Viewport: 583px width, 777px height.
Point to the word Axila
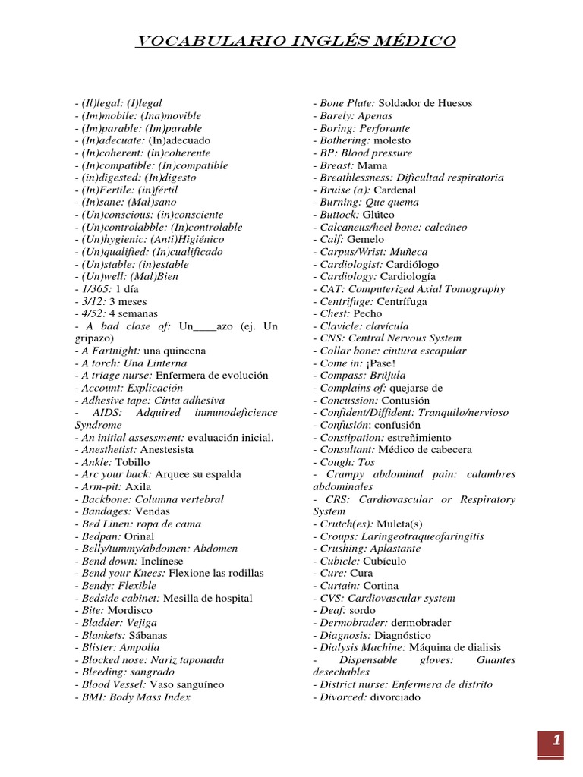click(x=138, y=487)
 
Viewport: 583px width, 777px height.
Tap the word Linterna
click(x=165, y=363)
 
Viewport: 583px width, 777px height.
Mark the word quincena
click(x=187, y=351)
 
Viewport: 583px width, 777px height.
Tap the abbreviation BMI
click(x=92, y=697)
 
